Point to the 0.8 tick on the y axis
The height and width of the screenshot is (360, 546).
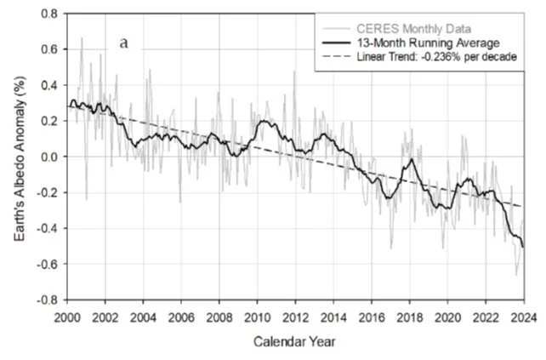(50, 14)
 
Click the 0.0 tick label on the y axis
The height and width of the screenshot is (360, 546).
(50, 157)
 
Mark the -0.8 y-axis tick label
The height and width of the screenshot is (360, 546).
(48, 300)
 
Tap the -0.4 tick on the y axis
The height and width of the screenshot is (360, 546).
(48, 228)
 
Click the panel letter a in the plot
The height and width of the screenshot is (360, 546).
(123, 43)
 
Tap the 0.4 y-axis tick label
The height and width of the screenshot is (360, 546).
(50, 85)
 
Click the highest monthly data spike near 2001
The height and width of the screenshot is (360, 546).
(82, 37)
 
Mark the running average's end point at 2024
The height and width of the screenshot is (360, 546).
(523, 247)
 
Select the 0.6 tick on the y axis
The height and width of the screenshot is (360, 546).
(50, 49)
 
